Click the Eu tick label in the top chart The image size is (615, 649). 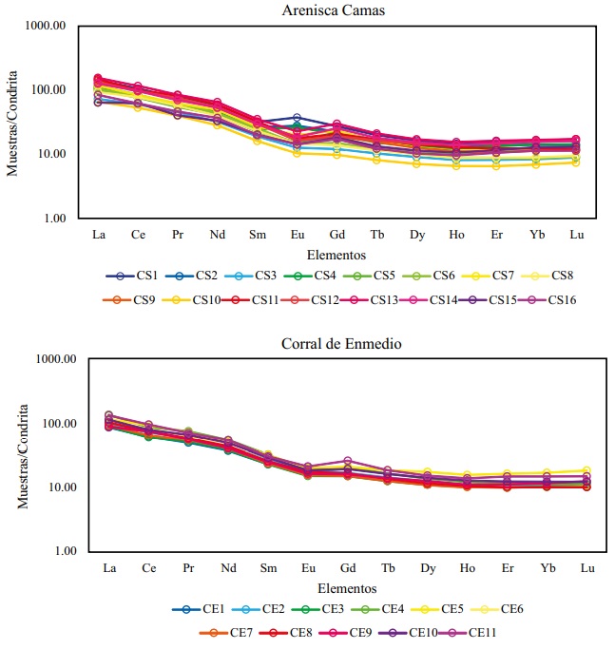point(297,232)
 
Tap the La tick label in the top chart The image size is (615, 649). point(98,232)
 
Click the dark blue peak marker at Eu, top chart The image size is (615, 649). point(297,118)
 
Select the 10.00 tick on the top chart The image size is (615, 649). point(48,155)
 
